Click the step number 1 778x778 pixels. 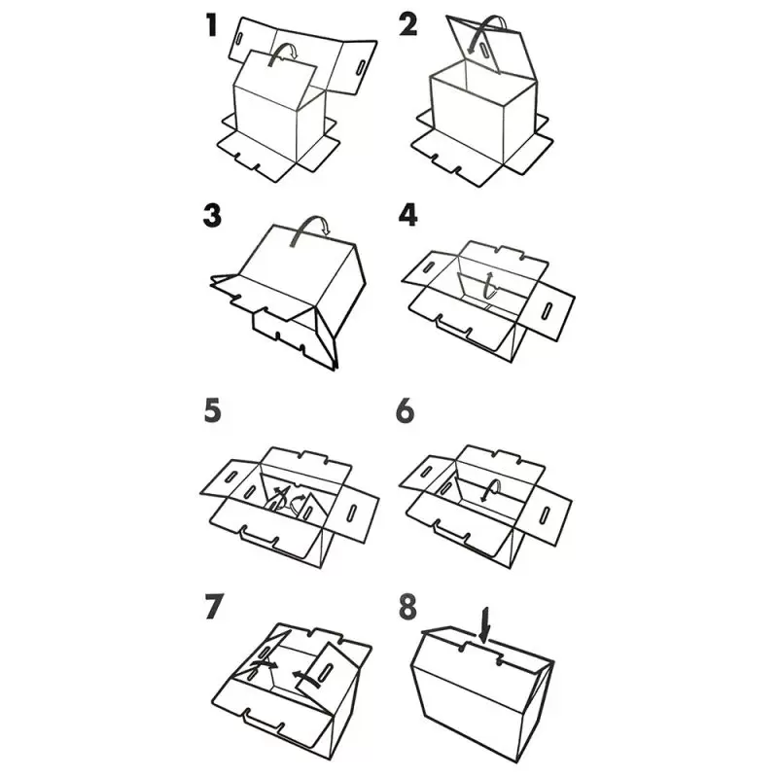pos(212,26)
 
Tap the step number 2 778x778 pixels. pos(407,25)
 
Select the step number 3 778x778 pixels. pos(212,216)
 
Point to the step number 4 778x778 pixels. pos(407,215)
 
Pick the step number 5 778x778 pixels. pos(212,411)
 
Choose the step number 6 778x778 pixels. pos(405,411)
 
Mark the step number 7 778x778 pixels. pos(214,607)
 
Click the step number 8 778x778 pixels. pos(407,607)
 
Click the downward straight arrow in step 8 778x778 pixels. pos(484,624)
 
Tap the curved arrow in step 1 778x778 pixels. pos(282,53)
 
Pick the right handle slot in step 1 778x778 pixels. pos(361,67)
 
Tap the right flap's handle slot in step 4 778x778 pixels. pos(548,310)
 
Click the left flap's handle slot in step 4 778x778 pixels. pos(428,266)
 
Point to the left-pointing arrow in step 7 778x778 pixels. pos(306,677)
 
